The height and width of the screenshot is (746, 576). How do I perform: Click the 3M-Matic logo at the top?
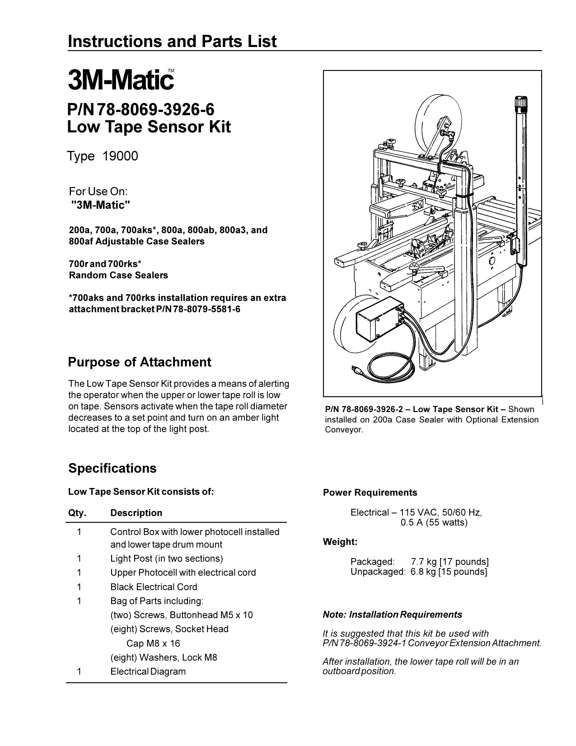click(x=121, y=80)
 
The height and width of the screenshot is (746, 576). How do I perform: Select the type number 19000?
click(x=120, y=156)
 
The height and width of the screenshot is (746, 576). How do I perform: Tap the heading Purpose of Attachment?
click(x=139, y=362)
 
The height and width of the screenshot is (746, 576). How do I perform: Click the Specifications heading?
click(x=112, y=468)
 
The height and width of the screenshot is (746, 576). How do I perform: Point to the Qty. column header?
click(x=77, y=513)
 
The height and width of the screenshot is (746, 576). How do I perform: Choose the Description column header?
click(x=136, y=513)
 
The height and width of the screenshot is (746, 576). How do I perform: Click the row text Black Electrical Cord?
click(x=154, y=587)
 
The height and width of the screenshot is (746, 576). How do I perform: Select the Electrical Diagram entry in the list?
click(x=148, y=671)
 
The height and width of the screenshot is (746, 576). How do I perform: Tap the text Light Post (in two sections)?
click(x=166, y=558)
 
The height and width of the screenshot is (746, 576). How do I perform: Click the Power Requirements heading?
click(x=370, y=493)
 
